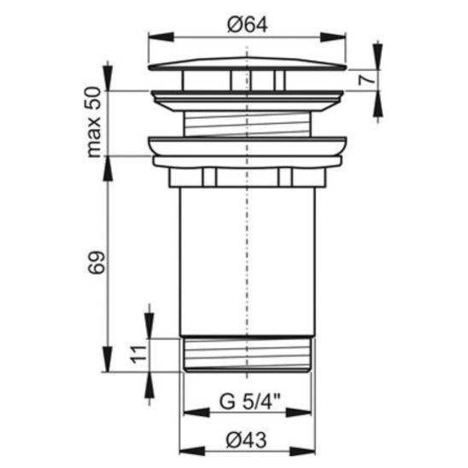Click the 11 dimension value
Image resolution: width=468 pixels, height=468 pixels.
click(x=133, y=354)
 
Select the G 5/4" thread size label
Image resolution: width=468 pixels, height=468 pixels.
click(x=248, y=401)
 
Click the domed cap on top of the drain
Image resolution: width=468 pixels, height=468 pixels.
click(x=247, y=65)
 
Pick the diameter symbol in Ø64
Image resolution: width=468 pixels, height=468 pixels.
click(x=232, y=26)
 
